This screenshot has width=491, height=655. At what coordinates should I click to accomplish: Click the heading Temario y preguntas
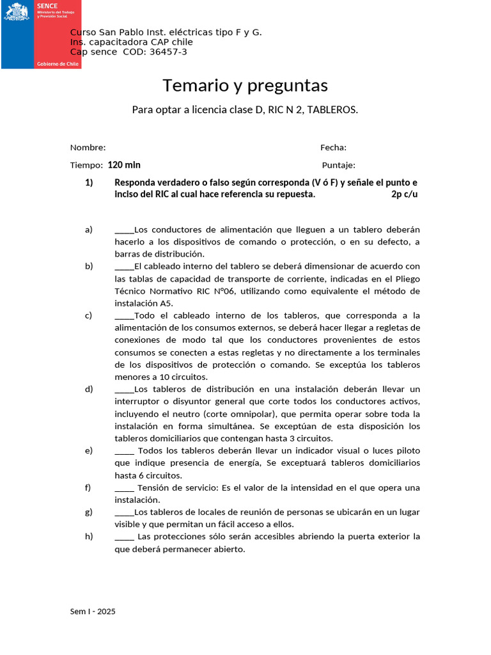pyautogui.click(x=245, y=85)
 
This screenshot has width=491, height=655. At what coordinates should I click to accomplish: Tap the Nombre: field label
pyautogui.click(x=88, y=148)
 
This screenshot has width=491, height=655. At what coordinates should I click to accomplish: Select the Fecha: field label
pyautogui.click(x=333, y=148)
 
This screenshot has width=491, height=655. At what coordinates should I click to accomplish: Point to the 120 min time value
pyautogui.click(x=124, y=165)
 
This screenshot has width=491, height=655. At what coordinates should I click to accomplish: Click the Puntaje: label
pyautogui.click(x=338, y=165)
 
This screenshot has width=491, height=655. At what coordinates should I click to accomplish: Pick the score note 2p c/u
pyautogui.click(x=404, y=194)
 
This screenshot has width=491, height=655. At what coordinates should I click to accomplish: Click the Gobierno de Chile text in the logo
pyautogui.click(x=58, y=64)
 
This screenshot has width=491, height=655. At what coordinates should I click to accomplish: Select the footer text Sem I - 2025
pyautogui.click(x=93, y=612)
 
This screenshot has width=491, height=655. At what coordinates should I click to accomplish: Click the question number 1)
pyautogui.click(x=90, y=182)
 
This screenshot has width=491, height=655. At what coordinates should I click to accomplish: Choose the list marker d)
pyautogui.click(x=89, y=389)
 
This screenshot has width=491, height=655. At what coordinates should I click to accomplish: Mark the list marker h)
pyautogui.click(x=89, y=537)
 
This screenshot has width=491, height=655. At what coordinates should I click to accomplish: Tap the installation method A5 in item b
pyautogui.click(x=166, y=303)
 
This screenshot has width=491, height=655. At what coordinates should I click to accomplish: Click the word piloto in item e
pyautogui.click(x=407, y=451)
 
